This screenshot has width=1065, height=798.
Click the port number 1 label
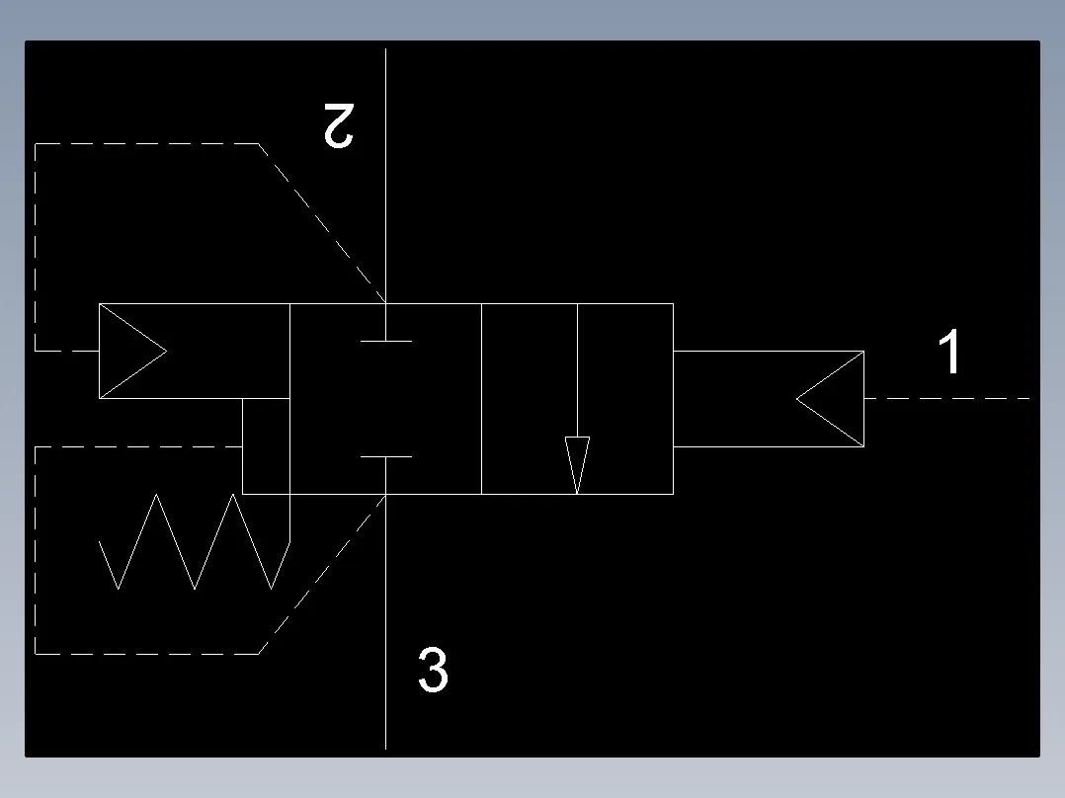coord(949,352)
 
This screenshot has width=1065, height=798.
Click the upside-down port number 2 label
coord(339,125)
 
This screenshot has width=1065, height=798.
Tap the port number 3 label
coord(433,670)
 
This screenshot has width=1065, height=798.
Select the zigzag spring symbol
coord(195,541)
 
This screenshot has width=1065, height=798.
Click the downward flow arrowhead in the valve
coord(577,464)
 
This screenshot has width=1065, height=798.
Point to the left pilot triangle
coord(132,352)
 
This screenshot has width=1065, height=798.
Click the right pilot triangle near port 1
coord(830,399)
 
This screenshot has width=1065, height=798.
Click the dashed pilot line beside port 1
coord(946,399)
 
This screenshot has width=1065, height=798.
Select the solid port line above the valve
coord(385,176)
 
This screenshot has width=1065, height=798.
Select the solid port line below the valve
coord(385,621)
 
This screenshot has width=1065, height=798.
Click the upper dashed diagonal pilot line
coord(322,223)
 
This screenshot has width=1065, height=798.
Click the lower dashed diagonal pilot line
coord(322,575)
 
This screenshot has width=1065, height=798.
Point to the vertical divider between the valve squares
coord(481,399)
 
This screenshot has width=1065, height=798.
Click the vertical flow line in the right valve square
coord(577,370)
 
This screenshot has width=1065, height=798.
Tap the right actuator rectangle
coord(769,399)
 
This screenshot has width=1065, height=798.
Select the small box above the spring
coord(267,446)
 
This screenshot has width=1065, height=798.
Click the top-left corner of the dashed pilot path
coord(36,144)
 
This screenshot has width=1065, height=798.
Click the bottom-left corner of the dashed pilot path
coord(36,654)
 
